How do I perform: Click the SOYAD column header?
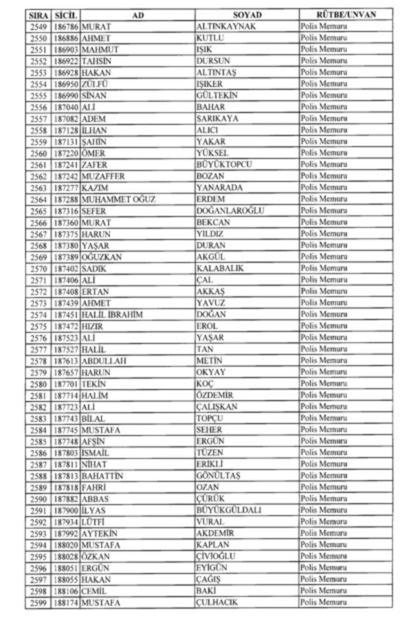coord(246,15)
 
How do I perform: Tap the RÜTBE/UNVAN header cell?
coord(346,15)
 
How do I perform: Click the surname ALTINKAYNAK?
coord(226,26)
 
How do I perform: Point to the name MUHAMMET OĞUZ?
coord(119,199)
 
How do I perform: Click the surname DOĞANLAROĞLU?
coord(230,211)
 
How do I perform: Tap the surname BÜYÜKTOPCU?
coord(224,165)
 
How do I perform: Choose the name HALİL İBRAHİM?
coord(113,315)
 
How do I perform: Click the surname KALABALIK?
coord(220,269)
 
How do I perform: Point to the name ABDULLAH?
coord(104,360)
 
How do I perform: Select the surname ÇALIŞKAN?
coord(217,406)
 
